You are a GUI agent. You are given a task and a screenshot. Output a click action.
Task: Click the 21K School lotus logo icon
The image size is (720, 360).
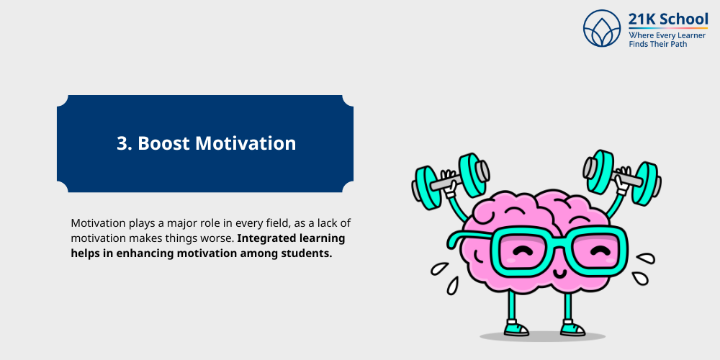coord(602,28)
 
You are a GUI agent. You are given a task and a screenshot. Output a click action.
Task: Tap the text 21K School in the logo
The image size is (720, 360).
coord(668,19)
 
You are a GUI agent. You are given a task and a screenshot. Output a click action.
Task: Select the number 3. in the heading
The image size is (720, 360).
coord(125,143)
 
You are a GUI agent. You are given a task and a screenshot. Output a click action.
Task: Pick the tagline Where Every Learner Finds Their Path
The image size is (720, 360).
coord(667,40)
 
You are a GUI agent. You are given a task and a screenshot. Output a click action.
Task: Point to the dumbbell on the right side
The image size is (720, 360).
coord(621,174)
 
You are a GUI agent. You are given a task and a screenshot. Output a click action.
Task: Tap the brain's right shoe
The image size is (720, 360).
coord(572,328)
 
